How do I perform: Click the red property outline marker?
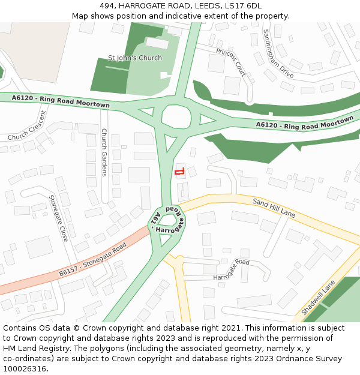click(179, 172)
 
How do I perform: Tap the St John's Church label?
click(135, 58)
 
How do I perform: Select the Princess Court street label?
click(231, 62)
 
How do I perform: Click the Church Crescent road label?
click(27, 127)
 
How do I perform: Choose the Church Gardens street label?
click(104, 152)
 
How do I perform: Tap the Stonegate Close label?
click(58, 218)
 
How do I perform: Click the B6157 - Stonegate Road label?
click(93, 260)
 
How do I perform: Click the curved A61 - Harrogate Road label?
click(168, 221)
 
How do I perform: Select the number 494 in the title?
click(107, 6)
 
